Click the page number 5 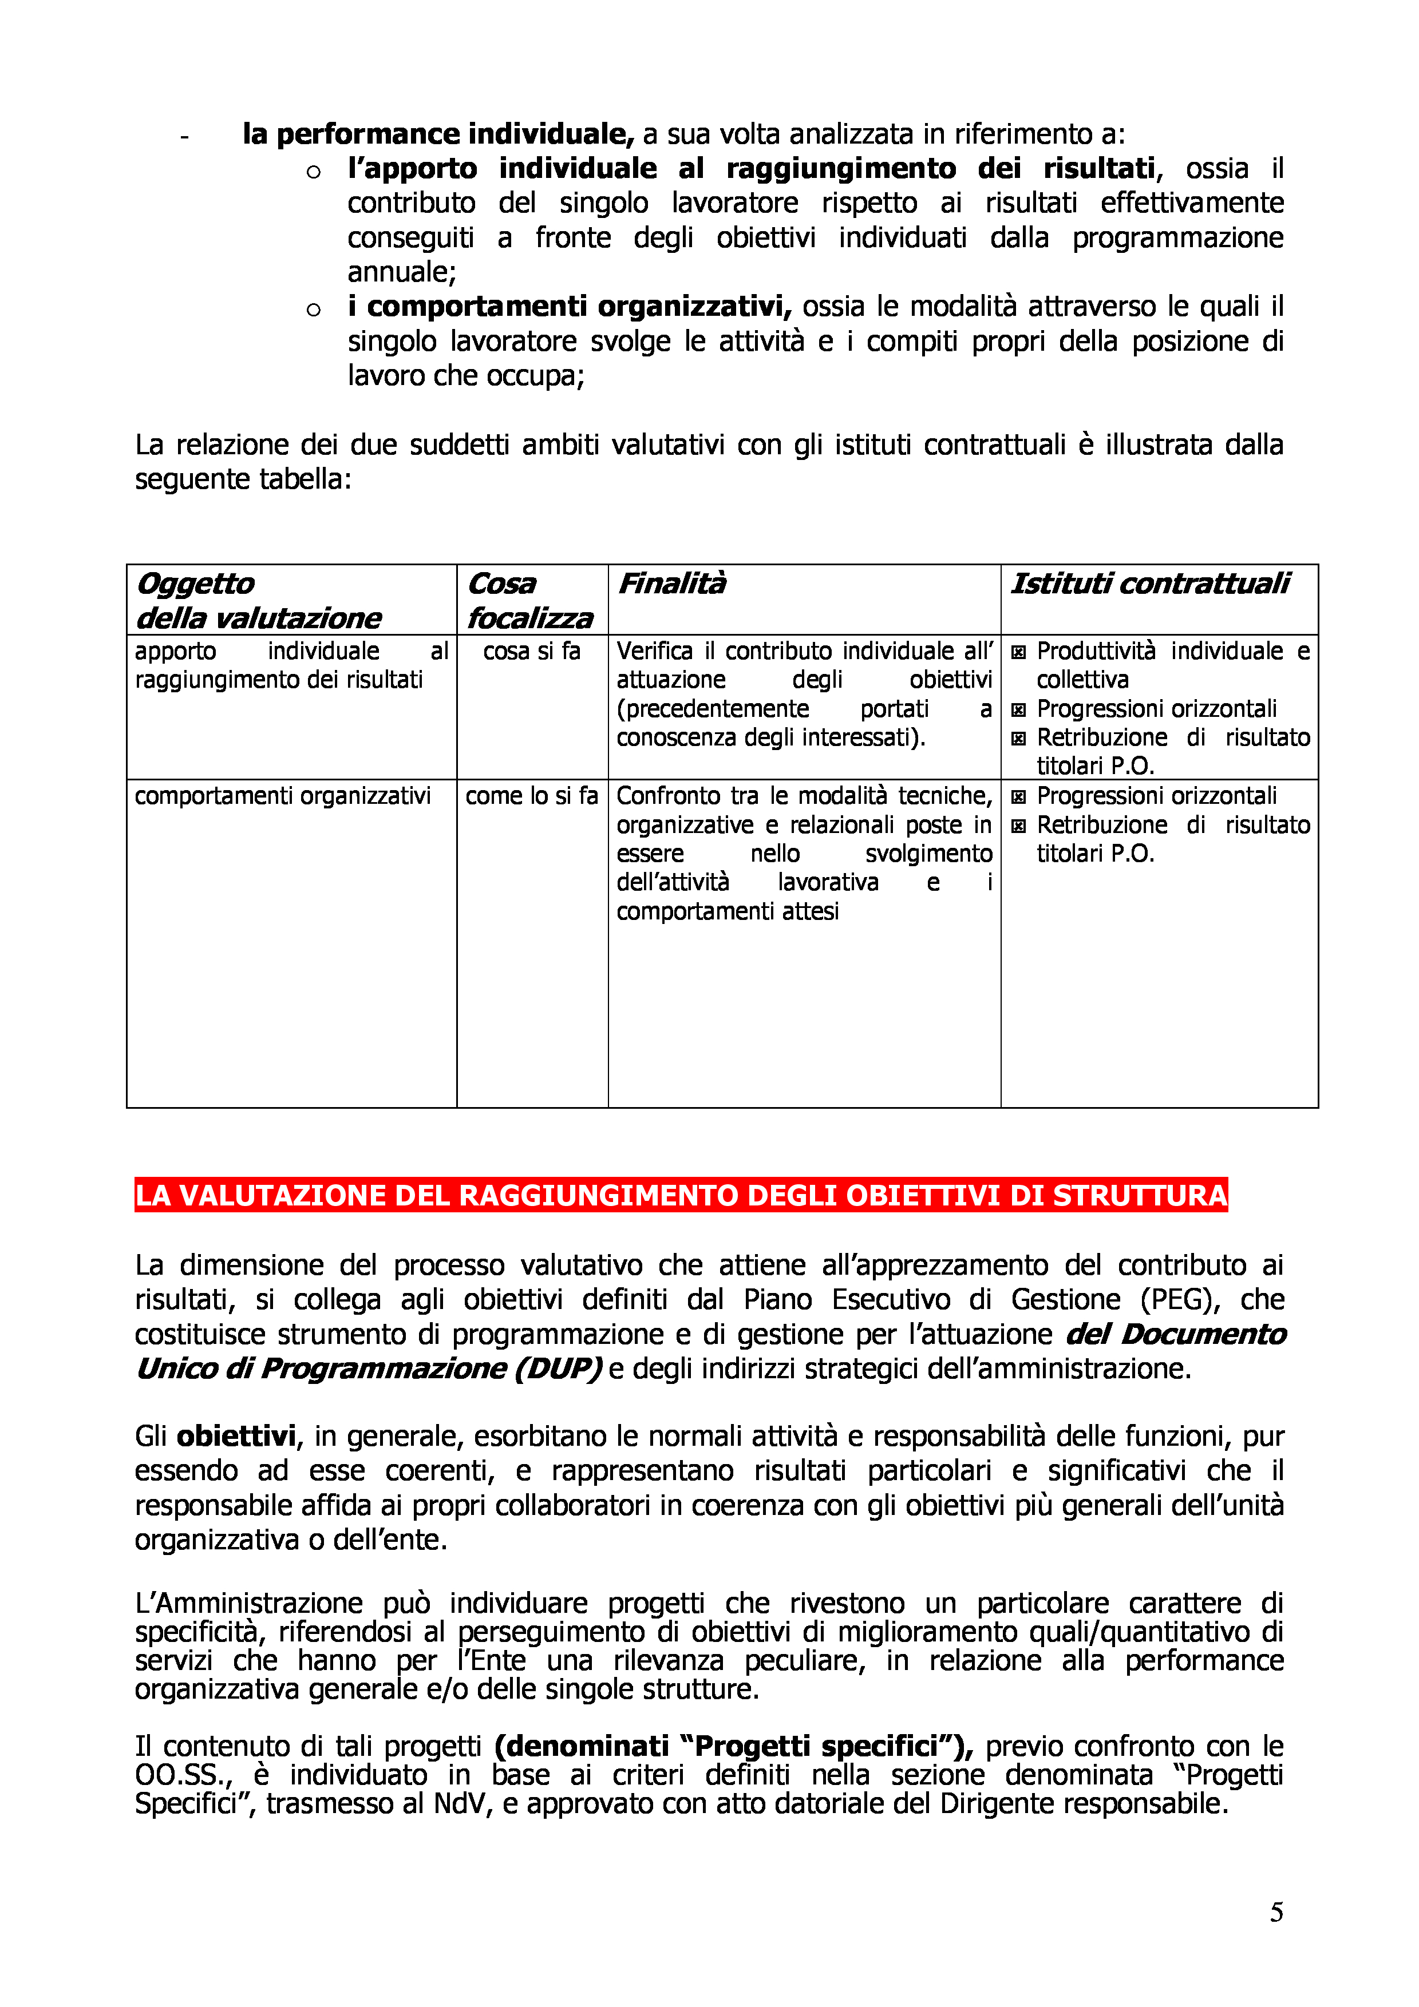(x=1276, y=1911)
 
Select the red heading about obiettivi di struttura (x=680, y=1195)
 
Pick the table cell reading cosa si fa (x=532, y=651)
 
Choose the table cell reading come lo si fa (x=532, y=795)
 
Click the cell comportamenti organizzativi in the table (x=282, y=795)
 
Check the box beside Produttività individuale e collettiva (x=1018, y=652)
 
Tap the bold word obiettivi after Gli (x=236, y=1436)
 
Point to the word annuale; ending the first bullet (x=401, y=272)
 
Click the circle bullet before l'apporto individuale (x=313, y=171)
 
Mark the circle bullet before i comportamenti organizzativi (x=313, y=310)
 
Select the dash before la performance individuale (x=184, y=136)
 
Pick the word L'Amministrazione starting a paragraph (x=248, y=1603)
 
